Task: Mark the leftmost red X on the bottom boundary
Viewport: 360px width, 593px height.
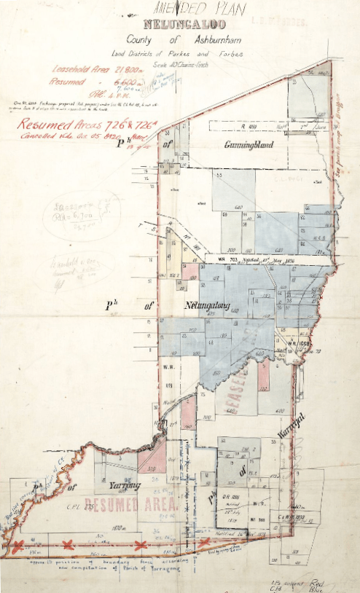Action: tap(23, 545)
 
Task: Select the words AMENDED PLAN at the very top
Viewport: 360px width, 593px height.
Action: tap(198, 9)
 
